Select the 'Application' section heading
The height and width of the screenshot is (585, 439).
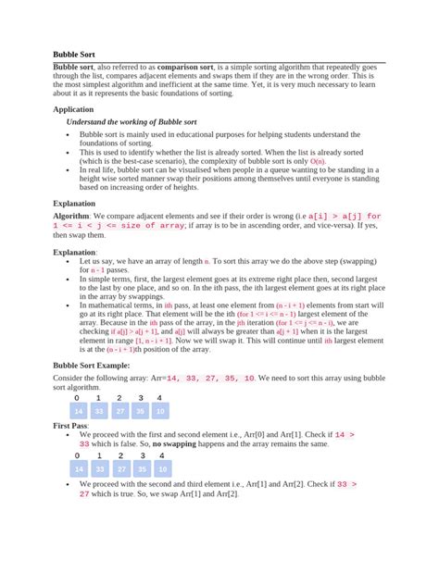point(79,109)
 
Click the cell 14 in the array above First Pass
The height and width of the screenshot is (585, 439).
point(78,412)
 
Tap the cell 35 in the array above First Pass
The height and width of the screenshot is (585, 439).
point(140,412)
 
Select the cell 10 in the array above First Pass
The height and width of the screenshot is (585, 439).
point(161,412)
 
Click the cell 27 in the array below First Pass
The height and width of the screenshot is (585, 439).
point(119,469)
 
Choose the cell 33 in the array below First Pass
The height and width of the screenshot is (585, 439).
point(98,469)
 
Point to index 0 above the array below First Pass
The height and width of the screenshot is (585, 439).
point(78,455)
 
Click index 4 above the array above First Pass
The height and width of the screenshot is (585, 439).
point(161,399)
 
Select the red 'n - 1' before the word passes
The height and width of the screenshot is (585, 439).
point(101,270)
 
